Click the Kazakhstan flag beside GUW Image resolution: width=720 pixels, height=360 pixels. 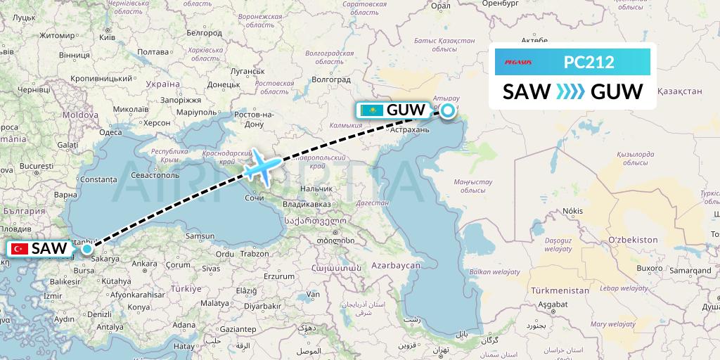[372, 110]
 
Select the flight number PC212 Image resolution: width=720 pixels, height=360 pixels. [589, 63]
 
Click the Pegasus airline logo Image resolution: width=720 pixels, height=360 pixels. [518, 63]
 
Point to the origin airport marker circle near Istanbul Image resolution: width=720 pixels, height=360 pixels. [86, 248]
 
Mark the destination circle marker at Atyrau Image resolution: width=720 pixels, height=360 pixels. [448, 110]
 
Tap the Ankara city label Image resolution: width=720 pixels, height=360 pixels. [145, 264]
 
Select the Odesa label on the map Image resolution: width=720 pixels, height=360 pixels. [111, 132]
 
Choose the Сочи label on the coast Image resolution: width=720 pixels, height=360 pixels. [254, 199]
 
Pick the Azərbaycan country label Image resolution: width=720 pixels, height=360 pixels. [397, 266]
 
